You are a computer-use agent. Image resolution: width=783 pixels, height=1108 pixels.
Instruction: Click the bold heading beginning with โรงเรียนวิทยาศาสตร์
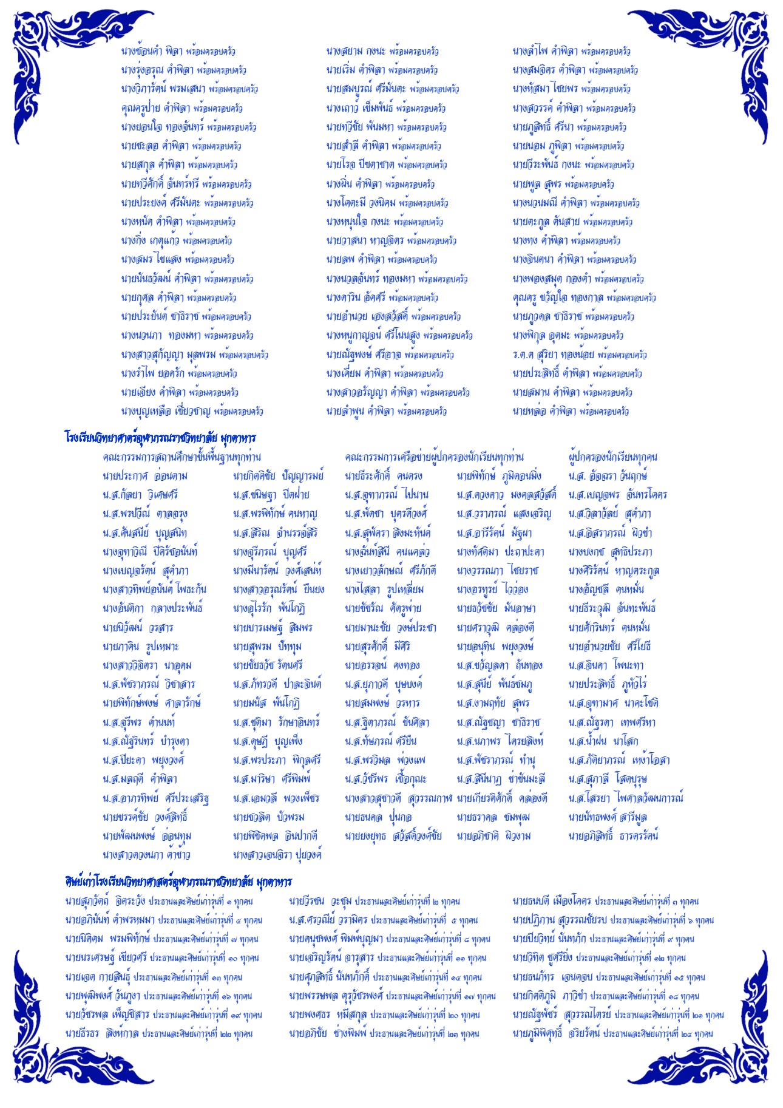160,437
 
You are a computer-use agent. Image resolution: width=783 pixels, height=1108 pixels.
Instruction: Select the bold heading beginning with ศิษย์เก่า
178,881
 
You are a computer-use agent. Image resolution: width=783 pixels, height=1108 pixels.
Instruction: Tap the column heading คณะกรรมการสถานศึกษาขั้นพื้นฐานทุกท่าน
181,457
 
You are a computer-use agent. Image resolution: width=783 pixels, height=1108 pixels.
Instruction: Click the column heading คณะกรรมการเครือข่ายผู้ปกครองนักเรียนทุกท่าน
434,457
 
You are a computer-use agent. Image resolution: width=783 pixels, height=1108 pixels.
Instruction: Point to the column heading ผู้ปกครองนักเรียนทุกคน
612,457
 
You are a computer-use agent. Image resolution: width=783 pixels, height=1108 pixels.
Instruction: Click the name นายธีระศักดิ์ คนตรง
383,476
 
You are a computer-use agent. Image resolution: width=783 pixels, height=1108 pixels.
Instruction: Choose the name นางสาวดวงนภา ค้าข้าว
146,855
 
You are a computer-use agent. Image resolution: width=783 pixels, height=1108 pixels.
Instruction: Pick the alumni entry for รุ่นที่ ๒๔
612,1033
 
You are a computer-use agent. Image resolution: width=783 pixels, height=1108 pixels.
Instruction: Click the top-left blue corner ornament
67,55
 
